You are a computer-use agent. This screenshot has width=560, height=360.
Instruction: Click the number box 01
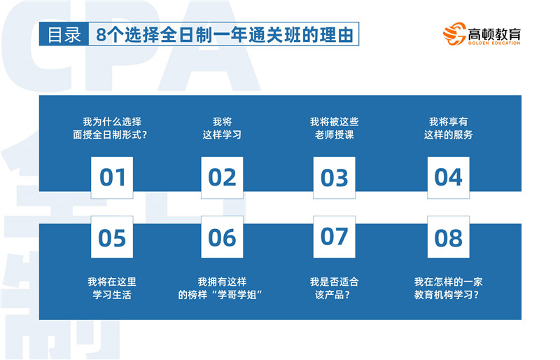coord(112,178)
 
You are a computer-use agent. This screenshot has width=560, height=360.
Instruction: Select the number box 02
coord(222,178)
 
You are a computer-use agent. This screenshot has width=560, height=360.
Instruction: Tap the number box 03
coord(335,178)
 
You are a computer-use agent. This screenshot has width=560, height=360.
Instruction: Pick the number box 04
coord(449,178)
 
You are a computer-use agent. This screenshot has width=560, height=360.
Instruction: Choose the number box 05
coord(112,237)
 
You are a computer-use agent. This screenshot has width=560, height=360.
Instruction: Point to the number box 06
coord(222,237)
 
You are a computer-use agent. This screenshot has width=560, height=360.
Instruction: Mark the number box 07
coord(335,237)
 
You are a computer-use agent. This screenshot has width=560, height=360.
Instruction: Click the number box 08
coord(449,237)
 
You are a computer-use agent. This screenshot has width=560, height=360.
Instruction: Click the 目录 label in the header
coord(64,35)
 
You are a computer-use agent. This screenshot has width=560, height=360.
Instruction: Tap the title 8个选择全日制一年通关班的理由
coord(225,35)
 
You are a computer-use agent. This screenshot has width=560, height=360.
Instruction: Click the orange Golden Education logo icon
coord(454,34)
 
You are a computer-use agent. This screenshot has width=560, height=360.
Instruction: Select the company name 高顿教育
coord(494,34)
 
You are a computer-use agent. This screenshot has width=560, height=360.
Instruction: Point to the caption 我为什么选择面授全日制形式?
coord(111,128)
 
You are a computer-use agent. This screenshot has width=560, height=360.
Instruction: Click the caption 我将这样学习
coord(222,128)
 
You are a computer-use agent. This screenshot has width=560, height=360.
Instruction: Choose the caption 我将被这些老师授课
coord(335,128)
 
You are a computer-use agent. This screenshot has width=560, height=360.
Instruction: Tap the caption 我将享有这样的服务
coord(449,128)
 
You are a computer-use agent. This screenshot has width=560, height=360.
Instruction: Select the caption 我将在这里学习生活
coord(112,288)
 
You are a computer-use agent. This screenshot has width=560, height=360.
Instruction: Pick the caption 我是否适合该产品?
coord(335,288)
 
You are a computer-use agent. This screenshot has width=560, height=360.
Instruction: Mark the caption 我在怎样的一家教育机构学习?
coord(449,288)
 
